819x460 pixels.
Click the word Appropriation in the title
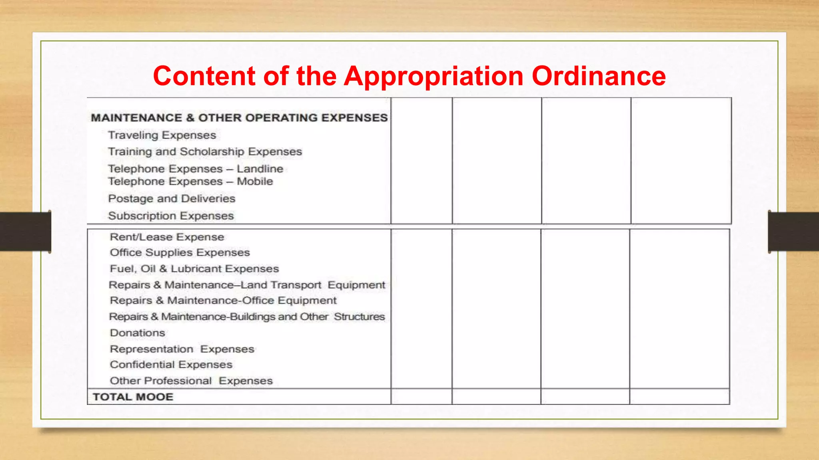[x=433, y=76]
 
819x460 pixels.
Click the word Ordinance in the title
[x=599, y=76]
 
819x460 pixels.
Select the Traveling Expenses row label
[x=162, y=135]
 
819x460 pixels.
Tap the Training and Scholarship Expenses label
[x=205, y=152]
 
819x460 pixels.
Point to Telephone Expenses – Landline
[x=196, y=169]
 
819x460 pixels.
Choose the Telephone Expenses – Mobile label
[x=190, y=182]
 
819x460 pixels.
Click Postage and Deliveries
[x=172, y=198]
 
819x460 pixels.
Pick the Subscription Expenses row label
[x=171, y=216]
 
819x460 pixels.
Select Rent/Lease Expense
[x=167, y=237]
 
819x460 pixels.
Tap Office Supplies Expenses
[x=180, y=253]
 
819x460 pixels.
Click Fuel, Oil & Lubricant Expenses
[x=194, y=269]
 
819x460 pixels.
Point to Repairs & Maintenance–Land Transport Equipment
[x=247, y=285]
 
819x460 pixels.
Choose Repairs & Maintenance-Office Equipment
[x=223, y=301]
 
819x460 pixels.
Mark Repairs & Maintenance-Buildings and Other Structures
[x=247, y=317]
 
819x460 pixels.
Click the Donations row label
[x=137, y=333]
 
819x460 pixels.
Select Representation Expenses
[x=182, y=349]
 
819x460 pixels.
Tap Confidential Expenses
[x=171, y=365]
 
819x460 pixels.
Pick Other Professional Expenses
[x=191, y=381]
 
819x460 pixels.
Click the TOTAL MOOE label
[x=133, y=397]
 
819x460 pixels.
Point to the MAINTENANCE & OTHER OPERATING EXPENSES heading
[x=239, y=118]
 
